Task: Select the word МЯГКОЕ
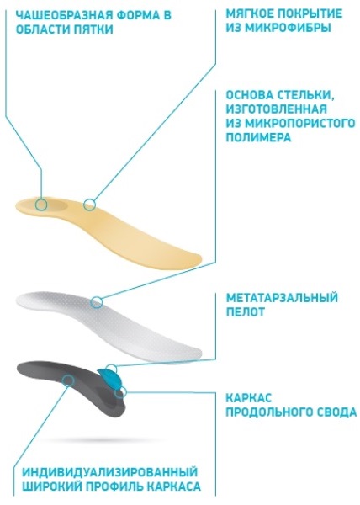click(x=248, y=13)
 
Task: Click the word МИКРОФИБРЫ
click(x=287, y=28)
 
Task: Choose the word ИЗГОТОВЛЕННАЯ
click(x=277, y=109)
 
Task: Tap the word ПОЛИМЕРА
click(x=258, y=137)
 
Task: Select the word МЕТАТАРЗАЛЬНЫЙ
click(x=282, y=298)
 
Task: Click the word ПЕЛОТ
click(x=246, y=311)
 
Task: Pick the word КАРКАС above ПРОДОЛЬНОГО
click(x=249, y=398)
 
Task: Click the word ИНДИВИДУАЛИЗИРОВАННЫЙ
click(x=109, y=472)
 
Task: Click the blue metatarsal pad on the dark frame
click(x=111, y=379)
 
